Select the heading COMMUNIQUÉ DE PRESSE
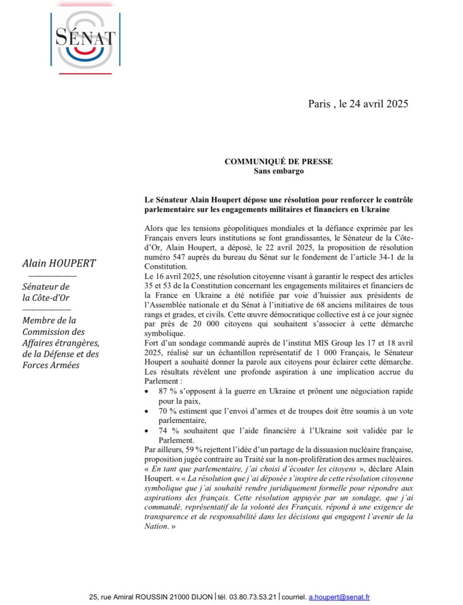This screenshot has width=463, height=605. [x=278, y=161]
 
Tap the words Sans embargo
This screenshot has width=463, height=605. [x=278, y=171]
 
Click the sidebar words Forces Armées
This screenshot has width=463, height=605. [x=51, y=365]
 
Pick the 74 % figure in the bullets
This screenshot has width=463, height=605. [x=169, y=431]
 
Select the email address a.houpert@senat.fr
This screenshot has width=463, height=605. [x=340, y=597]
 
